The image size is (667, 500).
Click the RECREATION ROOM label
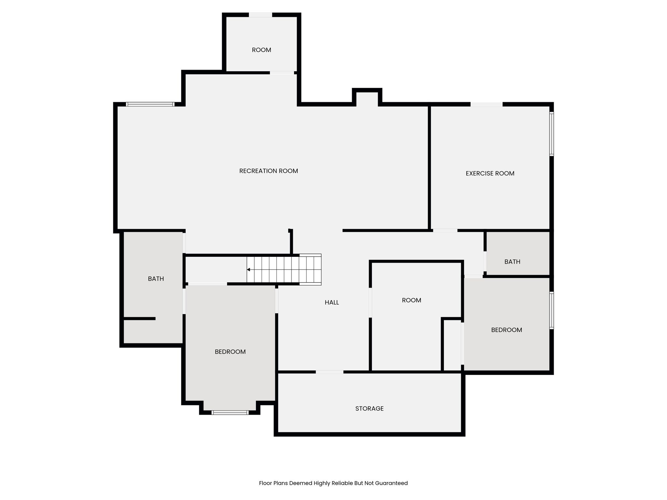(268, 171)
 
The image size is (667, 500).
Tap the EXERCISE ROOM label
(490, 174)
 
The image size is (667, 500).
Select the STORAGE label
(369, 409)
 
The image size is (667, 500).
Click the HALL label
(332, 302)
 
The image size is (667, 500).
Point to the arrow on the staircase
(248, 270)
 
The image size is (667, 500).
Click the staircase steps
(283, 270)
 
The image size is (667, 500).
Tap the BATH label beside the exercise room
(512, 262)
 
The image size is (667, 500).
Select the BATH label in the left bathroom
(156, 279)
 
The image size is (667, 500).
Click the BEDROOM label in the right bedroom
(506, 330)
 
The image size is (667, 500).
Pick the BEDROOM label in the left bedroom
(230, 352)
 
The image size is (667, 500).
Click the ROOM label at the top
(261, 50)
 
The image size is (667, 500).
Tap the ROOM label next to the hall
(411, 300)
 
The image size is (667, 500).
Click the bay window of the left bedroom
(230, 412)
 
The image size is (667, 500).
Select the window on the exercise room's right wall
(551, 134)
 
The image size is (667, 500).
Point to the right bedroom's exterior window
(551, 310)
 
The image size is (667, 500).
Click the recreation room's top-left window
(150, 104)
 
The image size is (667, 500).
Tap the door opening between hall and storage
(329, 372)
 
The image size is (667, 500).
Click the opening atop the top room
(260, 15)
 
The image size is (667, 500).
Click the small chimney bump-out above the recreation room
(367, 97)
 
